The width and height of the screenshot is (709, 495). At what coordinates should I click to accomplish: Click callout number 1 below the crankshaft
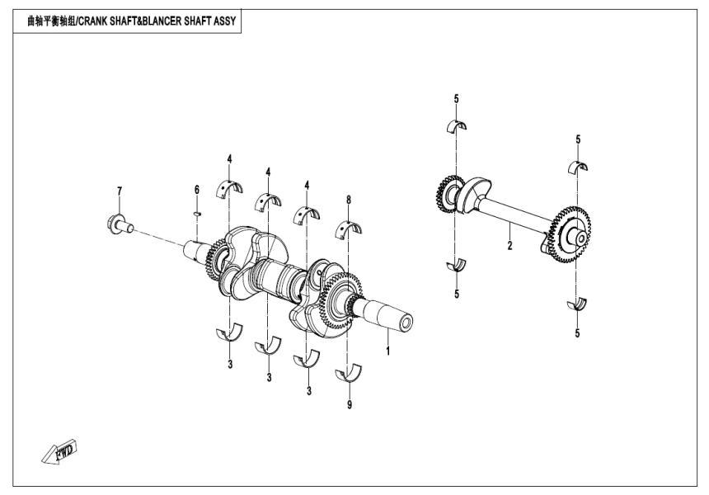[x=388, y=351]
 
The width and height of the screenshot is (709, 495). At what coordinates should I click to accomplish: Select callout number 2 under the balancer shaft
[x=509, y=246]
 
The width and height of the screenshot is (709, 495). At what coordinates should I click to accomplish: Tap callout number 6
[x=197, y=191]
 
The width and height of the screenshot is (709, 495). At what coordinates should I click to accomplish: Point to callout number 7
[x=120, y=191]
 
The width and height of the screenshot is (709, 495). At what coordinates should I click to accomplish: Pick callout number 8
[x=349, y=200]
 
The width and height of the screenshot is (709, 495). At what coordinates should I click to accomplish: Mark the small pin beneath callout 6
[x=197, y=212]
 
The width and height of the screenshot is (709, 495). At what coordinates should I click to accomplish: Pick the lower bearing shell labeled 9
[x=349, y=375]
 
